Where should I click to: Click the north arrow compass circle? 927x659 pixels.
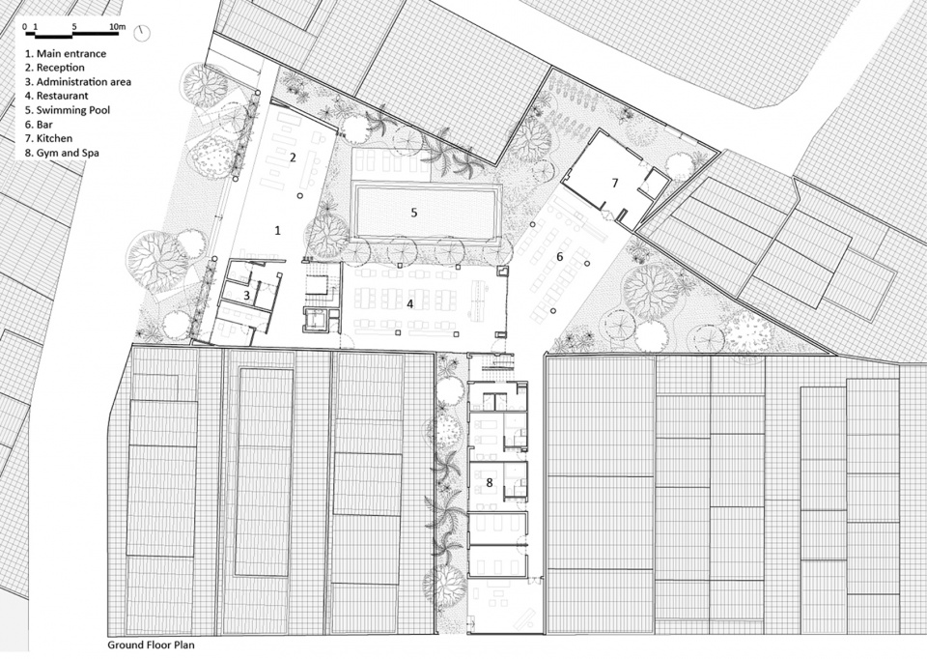(142, 33)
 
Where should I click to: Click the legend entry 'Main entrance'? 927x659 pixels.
(65, 53)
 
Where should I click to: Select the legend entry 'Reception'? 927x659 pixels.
(54, 68)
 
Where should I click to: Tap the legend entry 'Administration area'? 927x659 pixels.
(77, 81)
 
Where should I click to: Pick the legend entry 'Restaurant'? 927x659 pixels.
(56, 96)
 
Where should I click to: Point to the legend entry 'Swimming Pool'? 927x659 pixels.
(67, 110)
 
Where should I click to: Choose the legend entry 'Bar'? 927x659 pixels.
(39, 125)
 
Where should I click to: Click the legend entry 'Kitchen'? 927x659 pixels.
(48, 138)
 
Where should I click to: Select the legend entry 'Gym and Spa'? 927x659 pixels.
(62, 153)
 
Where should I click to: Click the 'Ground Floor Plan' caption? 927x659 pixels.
(151, 645)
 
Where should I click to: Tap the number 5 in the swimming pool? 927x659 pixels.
(414, 213)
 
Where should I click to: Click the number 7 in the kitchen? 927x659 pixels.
(615, 184)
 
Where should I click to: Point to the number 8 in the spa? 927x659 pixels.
(490, 483)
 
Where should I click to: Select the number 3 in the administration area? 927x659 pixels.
(246, 294)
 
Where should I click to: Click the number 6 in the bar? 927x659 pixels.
(560, 257)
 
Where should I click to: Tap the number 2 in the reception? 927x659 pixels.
(293, 158)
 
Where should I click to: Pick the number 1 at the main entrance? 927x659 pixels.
(278, 231)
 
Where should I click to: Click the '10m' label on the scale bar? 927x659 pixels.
(118, 27)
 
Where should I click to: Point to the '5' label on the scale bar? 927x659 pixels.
(74, 27)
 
